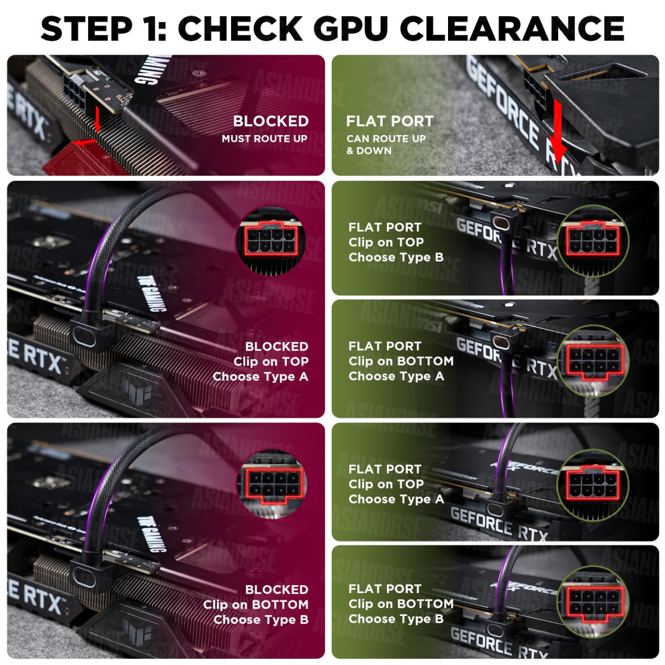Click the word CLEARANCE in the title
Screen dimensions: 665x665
pos(512,28)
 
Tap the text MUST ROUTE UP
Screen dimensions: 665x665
pos(265,138)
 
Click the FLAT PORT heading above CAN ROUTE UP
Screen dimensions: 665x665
pos(390,122)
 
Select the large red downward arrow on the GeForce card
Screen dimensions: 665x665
pos(559,132)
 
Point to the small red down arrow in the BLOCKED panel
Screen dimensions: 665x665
pos(97,119)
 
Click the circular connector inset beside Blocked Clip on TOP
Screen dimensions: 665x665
pos(271,241)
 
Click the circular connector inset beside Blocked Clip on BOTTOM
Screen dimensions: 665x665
pos(272,484)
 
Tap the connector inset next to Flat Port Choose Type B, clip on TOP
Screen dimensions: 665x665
pos(593,241)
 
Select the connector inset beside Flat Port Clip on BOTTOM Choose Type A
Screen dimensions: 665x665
pos(593,361)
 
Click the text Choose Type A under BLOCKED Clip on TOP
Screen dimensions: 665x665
pos(261,377)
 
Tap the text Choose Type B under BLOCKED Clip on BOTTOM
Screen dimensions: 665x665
pos(261,619)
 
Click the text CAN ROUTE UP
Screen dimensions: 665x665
pos(386,138)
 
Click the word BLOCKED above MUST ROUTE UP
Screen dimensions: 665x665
pos(271,122)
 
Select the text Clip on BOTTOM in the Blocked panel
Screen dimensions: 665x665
pos(256,605)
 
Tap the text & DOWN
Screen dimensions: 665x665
pos(369,150)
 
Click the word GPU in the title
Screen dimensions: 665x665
pos(349,28)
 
